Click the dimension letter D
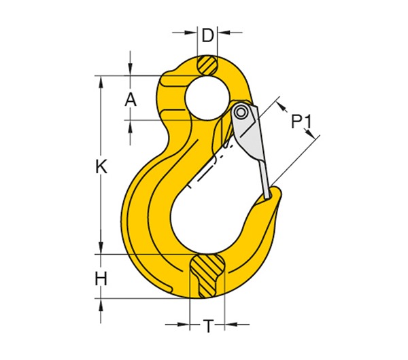point(207,34)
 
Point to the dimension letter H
point(101,278)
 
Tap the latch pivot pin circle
point(241,111)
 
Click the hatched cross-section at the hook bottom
point(206,275)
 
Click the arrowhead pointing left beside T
point(226,324)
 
